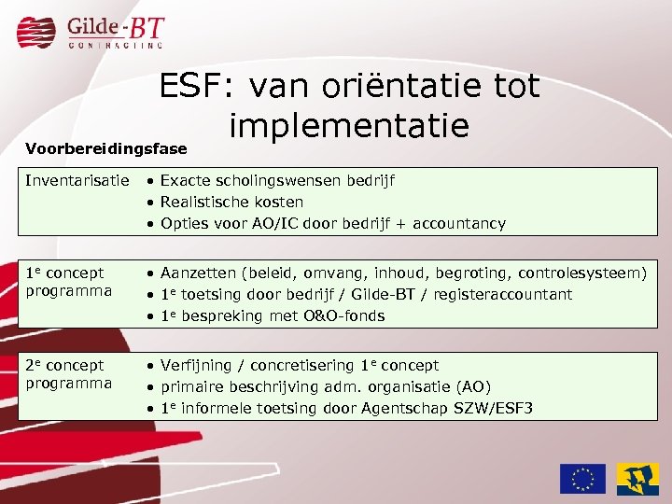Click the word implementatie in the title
click(x=348, y=124)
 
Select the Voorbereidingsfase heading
click(x=105, y=148)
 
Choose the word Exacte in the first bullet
click(x=185, y=180)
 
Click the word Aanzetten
click(x=199, y=273)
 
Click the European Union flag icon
click(x=581, y=478)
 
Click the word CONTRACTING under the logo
click(x=116, y=44)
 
